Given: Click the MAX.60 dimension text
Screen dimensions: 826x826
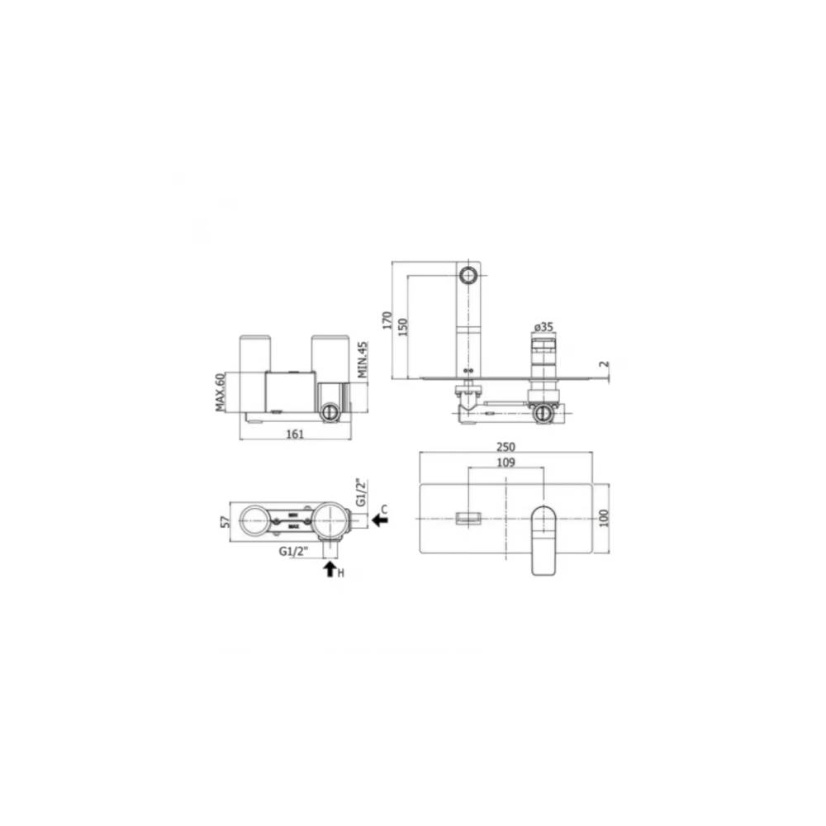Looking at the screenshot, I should click(221, 391).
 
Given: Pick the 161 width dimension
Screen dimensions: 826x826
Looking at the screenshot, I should click(296, 433).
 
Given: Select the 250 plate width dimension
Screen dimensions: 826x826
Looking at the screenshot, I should click(506, 446).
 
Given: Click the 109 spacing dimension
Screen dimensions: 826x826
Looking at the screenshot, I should click(506, 463).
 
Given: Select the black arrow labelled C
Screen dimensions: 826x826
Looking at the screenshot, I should click(381, 520).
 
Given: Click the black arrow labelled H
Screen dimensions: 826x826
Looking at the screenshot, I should click(330, 568).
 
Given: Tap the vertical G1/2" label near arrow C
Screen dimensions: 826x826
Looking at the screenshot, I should click(360, 491).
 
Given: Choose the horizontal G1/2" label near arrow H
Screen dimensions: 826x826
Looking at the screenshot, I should click(295, 550).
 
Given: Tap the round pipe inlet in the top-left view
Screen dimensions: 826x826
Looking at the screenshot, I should click(330, 412).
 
